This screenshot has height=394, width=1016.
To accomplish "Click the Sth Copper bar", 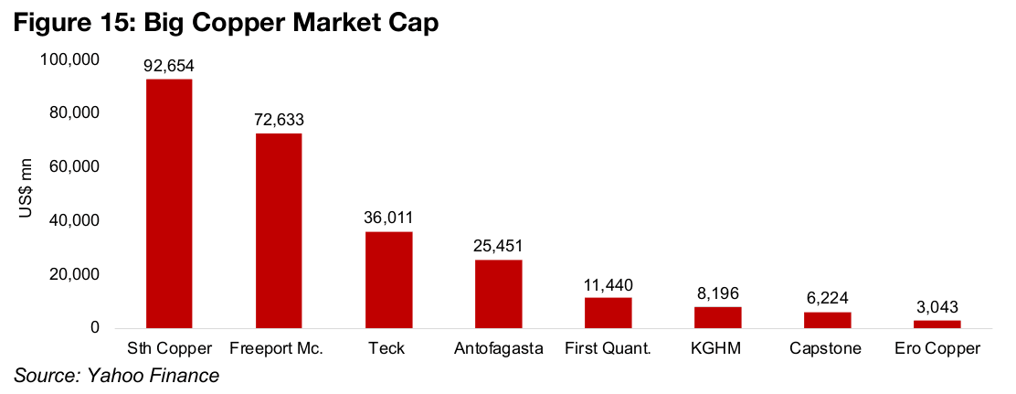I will [169, 204].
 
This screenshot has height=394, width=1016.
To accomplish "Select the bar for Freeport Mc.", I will [279, 230].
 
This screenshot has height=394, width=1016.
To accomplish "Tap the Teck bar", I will [388, 280].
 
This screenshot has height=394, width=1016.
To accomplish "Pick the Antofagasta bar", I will [498, 293].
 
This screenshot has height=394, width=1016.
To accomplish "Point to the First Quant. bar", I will [608, 313].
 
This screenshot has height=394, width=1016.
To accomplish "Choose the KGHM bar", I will [717, 317].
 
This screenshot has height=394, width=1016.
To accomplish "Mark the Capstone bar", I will [827, 320].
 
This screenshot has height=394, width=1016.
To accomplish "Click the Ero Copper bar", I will [937, 324].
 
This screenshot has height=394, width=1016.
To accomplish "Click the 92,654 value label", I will [169, 66].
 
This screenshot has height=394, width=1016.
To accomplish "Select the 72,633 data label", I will [279, 120].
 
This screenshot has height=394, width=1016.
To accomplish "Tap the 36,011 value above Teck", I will [388, 218].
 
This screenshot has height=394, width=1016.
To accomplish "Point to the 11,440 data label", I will [608, 284].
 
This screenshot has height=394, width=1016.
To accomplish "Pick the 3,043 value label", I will [937, 307].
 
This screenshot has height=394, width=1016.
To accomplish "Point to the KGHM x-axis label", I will [717, 348].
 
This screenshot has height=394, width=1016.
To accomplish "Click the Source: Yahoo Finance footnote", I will [116, 375].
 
